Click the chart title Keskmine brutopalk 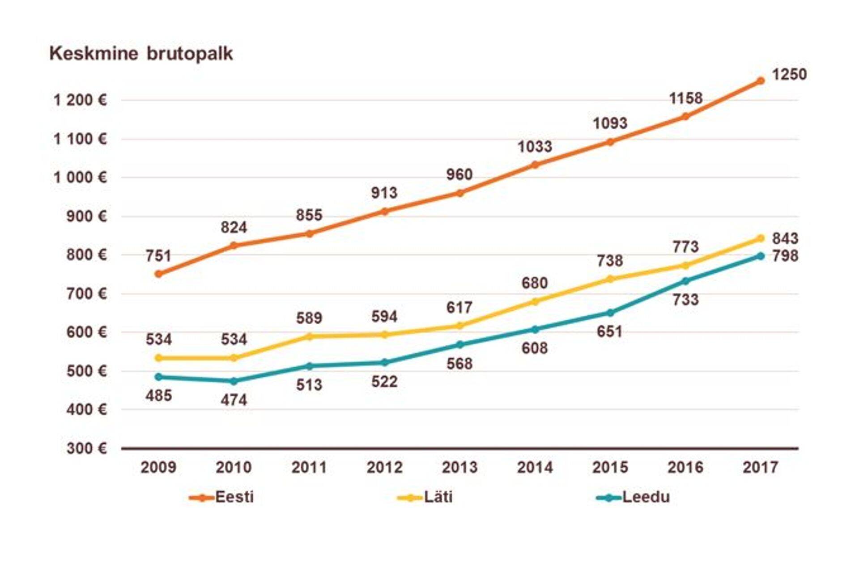point(141,54)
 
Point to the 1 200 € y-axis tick point(80,100)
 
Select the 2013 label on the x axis point(459,467)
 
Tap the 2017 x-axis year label point(760,467)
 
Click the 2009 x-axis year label point(158,467)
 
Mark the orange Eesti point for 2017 point(760,81)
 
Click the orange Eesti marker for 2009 point(158,274)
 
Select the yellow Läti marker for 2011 point(309,336)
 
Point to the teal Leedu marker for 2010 point(234,381)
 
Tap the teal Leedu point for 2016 point(685,281)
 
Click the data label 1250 point(789,74)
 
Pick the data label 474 point(234,399)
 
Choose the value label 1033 point(535,147)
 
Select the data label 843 point(785,238)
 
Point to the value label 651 point(609,331)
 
